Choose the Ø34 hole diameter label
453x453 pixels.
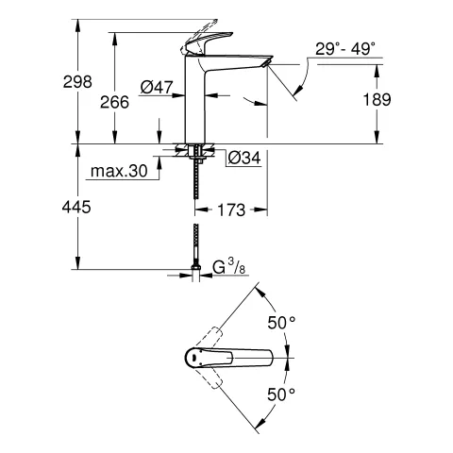click(243, 157)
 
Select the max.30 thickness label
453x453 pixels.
click(120, 172)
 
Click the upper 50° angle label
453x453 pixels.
click(280, 322)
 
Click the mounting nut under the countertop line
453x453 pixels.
click(195, 150)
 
